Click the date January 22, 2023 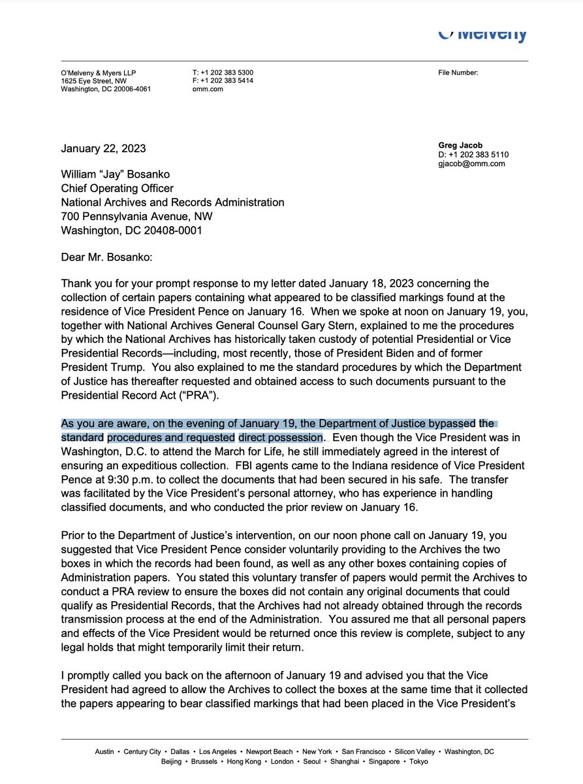tap(103, 148)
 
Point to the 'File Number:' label tap(458, 73)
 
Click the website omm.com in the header tap(208, 89)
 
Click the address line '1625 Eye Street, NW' tap(95, 80)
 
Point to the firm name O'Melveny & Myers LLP tap(99, 73)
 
